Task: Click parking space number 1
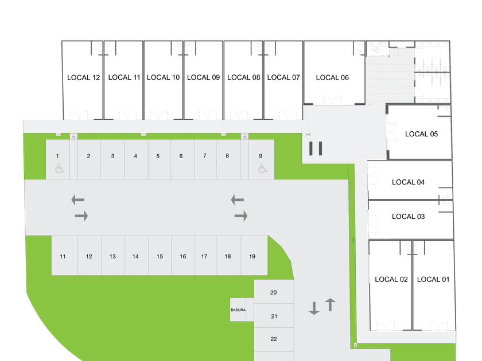click(57, 156)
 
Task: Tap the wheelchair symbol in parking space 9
click(262, 168)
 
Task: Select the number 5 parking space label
click(158, 156)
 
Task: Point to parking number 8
click(227, 155)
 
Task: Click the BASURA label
click(238, 310)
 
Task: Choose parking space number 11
click(63, 256)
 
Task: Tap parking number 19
click(252, 256)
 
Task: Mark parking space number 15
click(160, 256)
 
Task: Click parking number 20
click(273, 292)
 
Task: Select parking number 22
click(274, 339)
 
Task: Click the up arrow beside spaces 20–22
click(330, 304)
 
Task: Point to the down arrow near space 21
click(314, 308)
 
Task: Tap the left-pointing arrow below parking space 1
click(77, 199)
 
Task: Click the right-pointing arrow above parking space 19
click(241, 216)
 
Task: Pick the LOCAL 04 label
click(409, 182)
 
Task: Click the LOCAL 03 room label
click(409, 217)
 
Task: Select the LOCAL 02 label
click(392, 279)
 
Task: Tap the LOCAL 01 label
click(433, 279)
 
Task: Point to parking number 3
click(112, 156)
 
